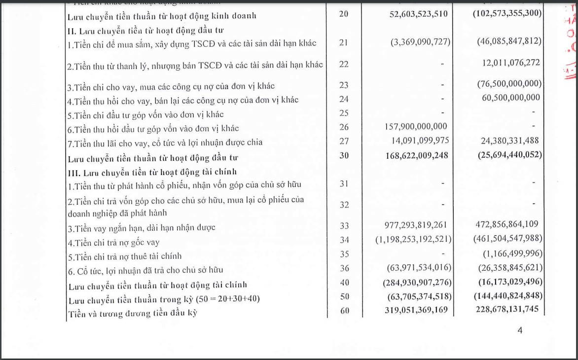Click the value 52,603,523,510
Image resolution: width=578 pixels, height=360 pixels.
click(x=418, y=14)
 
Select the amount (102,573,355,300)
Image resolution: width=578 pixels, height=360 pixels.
click(x=507, y=14)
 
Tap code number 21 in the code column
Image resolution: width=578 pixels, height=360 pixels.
click(x=344, y=42)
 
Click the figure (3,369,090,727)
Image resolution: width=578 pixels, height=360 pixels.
click(x=420, y=42)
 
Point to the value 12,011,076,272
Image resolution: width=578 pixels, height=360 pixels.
click(x=510, y=63)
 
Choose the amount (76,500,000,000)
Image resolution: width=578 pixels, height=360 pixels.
click(x=509, y=84)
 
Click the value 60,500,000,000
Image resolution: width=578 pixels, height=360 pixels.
click(x=510, y=98)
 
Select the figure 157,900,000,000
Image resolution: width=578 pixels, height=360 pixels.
click(x=416, y=127)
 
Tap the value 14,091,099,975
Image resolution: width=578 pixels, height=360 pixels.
click(x=417, y=141)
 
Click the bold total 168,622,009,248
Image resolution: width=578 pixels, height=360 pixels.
click(x=416, y=155)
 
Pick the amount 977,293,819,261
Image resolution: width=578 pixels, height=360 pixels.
click(x=416, y=225)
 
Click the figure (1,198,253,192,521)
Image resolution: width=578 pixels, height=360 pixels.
click(x=413, y=239)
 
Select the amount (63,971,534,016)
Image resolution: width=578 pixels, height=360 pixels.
click(x=419, y=268)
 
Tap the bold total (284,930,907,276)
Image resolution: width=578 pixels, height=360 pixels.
click(x=417, y=282)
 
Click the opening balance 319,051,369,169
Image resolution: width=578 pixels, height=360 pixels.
click(x=416, y=310)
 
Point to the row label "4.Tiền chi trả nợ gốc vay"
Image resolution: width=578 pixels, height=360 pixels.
click(x=113, y=243)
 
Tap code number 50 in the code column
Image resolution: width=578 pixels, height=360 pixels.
click(x=344, y=296)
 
